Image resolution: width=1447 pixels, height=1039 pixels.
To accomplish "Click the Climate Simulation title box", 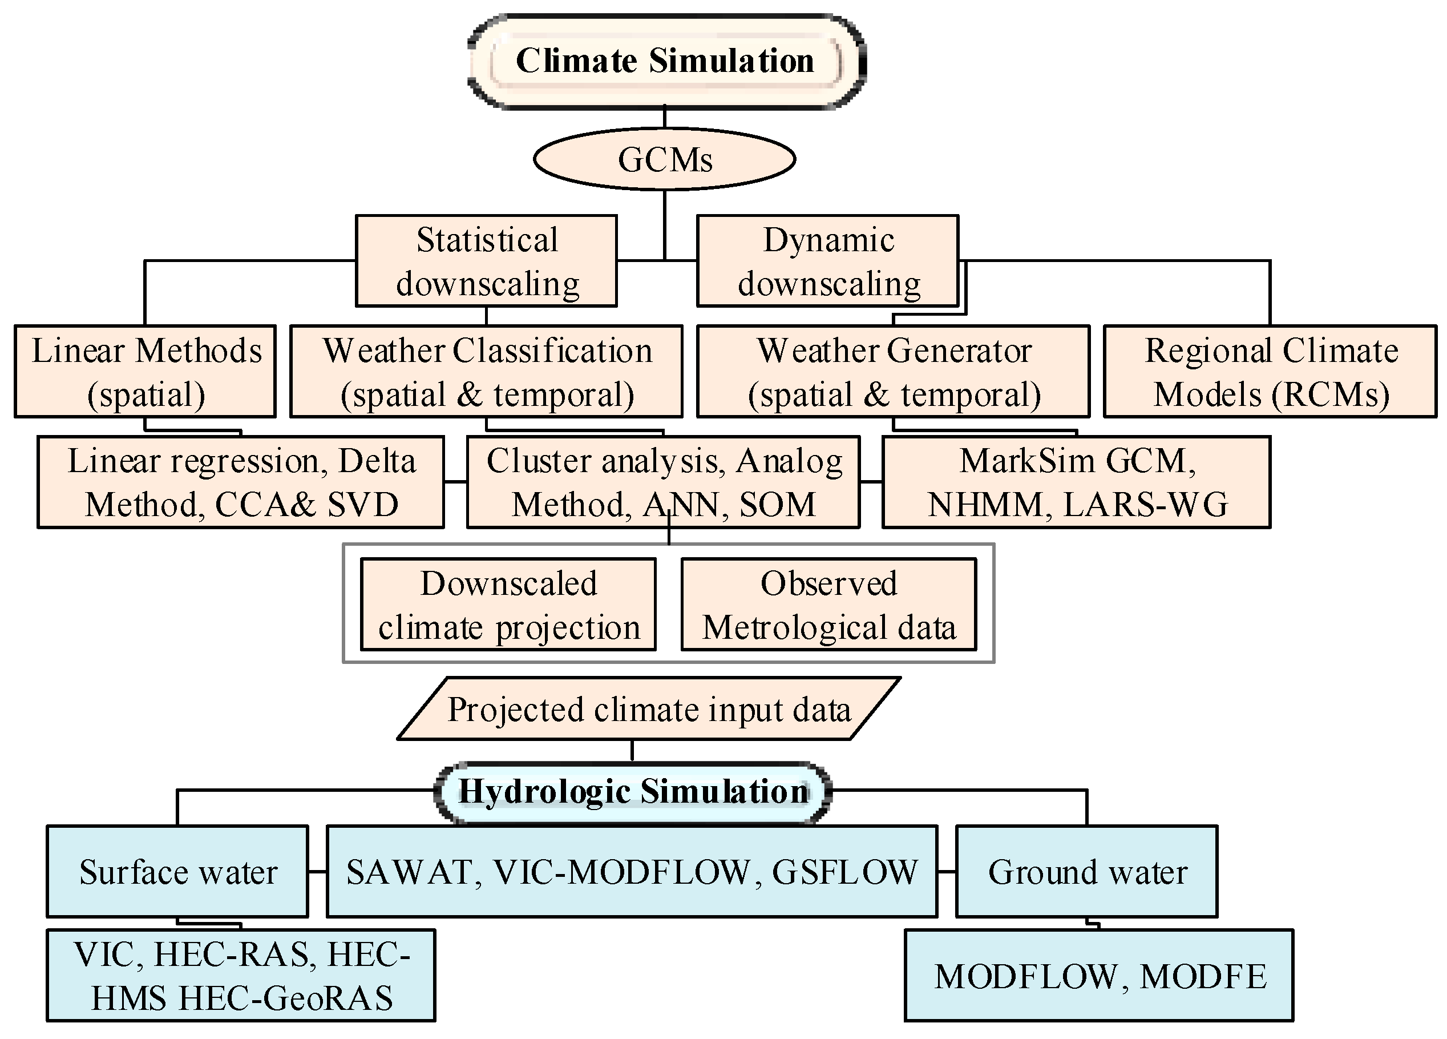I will tap(665, 62).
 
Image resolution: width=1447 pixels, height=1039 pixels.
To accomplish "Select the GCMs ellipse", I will tap(664, 159).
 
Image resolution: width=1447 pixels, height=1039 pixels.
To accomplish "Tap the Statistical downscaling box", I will tap(486, 261).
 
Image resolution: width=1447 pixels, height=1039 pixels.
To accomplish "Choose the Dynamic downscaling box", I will tap(827, 261).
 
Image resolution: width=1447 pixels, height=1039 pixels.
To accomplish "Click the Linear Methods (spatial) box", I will tap(145, 372).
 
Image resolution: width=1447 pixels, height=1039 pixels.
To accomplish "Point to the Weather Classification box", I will tap(486, 372).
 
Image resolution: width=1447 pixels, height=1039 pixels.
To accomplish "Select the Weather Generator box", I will tap(893, 372).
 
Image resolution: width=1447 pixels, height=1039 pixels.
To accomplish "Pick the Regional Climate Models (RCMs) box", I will tap(1270, 372).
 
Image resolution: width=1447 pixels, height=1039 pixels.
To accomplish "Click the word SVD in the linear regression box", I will tap(363, 505).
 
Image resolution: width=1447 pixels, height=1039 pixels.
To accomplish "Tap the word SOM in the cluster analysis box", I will tap(778, 505).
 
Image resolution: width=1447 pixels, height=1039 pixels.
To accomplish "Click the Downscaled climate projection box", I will tap(508, 605).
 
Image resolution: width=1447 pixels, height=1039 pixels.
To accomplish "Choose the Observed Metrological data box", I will tap(828, 605).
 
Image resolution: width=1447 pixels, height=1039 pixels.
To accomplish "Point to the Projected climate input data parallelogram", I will tap(648, 710).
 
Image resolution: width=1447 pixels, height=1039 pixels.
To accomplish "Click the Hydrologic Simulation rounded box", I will tap(633, 792).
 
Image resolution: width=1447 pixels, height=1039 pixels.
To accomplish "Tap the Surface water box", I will tap(177, 872).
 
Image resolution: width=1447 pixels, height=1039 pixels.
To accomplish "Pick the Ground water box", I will tap(1086, 872).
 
